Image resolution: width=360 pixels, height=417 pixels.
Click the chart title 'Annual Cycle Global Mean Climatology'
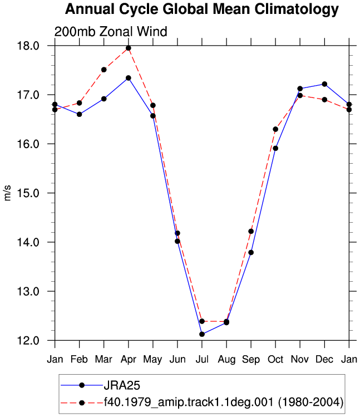[x=202, y=9]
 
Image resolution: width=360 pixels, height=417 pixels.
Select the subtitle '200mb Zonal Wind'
[x=111, y=32]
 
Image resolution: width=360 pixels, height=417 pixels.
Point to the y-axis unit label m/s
[x=7, y=193]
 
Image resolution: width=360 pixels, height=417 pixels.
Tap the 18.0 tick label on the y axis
[x=28, y=46]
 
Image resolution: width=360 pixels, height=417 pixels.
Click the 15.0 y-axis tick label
[x=28, y=193]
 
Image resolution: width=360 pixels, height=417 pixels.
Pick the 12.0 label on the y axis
[x=28, y=341]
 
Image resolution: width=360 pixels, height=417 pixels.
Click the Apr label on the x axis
[x=129, y=360]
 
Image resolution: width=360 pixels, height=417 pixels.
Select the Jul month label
[x=202, y=359]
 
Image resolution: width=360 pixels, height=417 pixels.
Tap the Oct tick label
[x=275, y=359]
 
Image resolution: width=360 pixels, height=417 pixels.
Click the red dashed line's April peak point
[x=129, y=48]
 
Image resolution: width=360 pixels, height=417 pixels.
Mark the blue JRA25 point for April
[x=129, y=78]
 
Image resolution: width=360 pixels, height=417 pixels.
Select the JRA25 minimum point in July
[x=202, y=334]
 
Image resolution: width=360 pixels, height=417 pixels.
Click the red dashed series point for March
[x=104, y=70]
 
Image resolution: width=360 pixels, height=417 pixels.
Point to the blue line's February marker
[x=79, y=114]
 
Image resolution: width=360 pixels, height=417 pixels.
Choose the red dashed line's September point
[x=251, y=232]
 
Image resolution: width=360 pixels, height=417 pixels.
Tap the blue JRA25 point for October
[x=275, y=148]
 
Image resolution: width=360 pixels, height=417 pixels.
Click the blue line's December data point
[x=324, y=84]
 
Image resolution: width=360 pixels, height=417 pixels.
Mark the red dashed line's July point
[x=202, y=321]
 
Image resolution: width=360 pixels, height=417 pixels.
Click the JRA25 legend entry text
[x=122, y=385]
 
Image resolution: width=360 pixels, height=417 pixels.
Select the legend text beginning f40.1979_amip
[x=224, y=403]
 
